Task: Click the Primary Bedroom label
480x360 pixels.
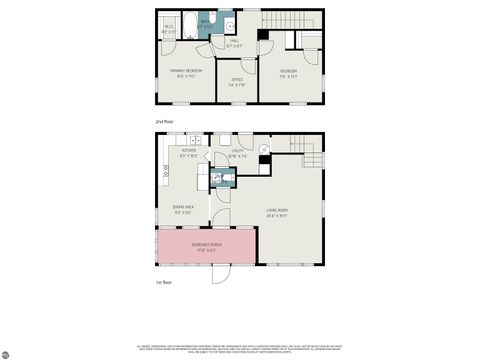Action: pyautogui.click(x=186, y=72)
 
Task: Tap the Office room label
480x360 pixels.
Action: pyautogui.click(x=237, y=82)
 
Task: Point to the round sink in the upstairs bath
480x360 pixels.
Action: pyautogui.click(x=228, y=25)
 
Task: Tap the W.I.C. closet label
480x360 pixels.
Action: pyautogui.click(x=169, y=29)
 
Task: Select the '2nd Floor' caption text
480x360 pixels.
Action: pyautogui.click(x=164, y=121)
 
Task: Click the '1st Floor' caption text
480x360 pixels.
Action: pyautogui.click(x=164, y=284)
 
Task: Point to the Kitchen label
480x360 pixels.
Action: pyautogui.click(x=188, y=153)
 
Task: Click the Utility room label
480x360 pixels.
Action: pyautogui.click(x=238, y=153)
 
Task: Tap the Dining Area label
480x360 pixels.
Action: pyautogui.click(x=182, y=209)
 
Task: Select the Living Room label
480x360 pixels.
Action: pyautogui.click(x=278, y=213)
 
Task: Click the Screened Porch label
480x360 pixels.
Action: pyautogui.click(x=207, y=246)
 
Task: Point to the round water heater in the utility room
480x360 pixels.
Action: pyautogui.click(x=264, y=151)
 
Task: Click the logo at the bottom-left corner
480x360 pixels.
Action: pyautogui.click(x=8, y=352)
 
